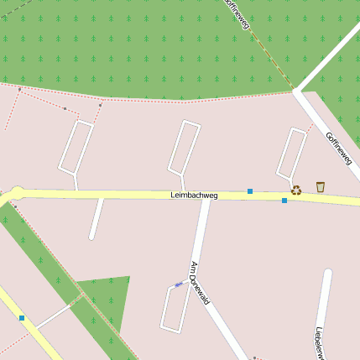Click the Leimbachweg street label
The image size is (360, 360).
pyautogui.click(x=194, y=196)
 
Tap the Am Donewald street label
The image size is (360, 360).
pyautogui.click(x=199, y=283)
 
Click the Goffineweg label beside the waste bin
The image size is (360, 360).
pyautogui.click(x=339, y=149)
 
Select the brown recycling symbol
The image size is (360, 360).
pyautogui.click(x=295, y=190)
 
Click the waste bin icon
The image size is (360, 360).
pyautogui.click(x=320, y=186)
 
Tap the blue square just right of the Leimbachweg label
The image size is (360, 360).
pyautogui.click(x=250, y=191)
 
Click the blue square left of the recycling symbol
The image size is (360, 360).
pyautogui.click(x=284, y=201)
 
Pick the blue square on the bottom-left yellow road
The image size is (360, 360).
pyautogui.click(x=22, y=318)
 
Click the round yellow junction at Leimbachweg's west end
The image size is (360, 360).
pyautogui.click(x=18, y=193)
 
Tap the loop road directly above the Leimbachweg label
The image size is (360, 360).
pyautogui.click(x=185, y=147)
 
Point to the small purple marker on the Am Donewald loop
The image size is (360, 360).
pyautogui.click(x=178, y=284)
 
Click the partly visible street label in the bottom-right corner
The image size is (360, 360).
pyautogui.click(x=320, y=343)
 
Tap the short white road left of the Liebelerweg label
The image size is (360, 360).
pyautogui.click(x=322, y=302)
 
